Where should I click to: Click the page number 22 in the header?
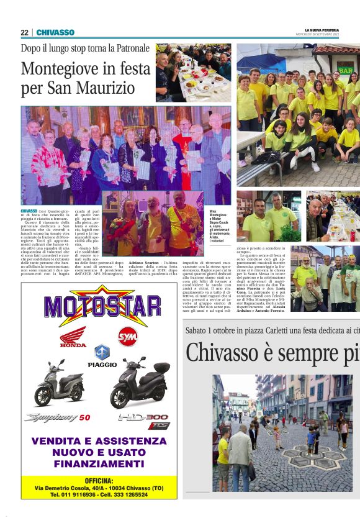(24, 32)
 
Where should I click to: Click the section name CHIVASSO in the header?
(55, 32)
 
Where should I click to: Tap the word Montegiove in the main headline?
(61, 70)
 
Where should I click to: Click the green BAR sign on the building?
(344, 71)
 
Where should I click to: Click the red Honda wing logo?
(73, 338)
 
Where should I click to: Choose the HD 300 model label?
(143, 418)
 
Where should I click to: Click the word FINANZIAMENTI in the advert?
(99, 463)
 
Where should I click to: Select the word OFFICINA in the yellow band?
(99, 481)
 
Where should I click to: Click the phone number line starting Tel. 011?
(99, 494)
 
